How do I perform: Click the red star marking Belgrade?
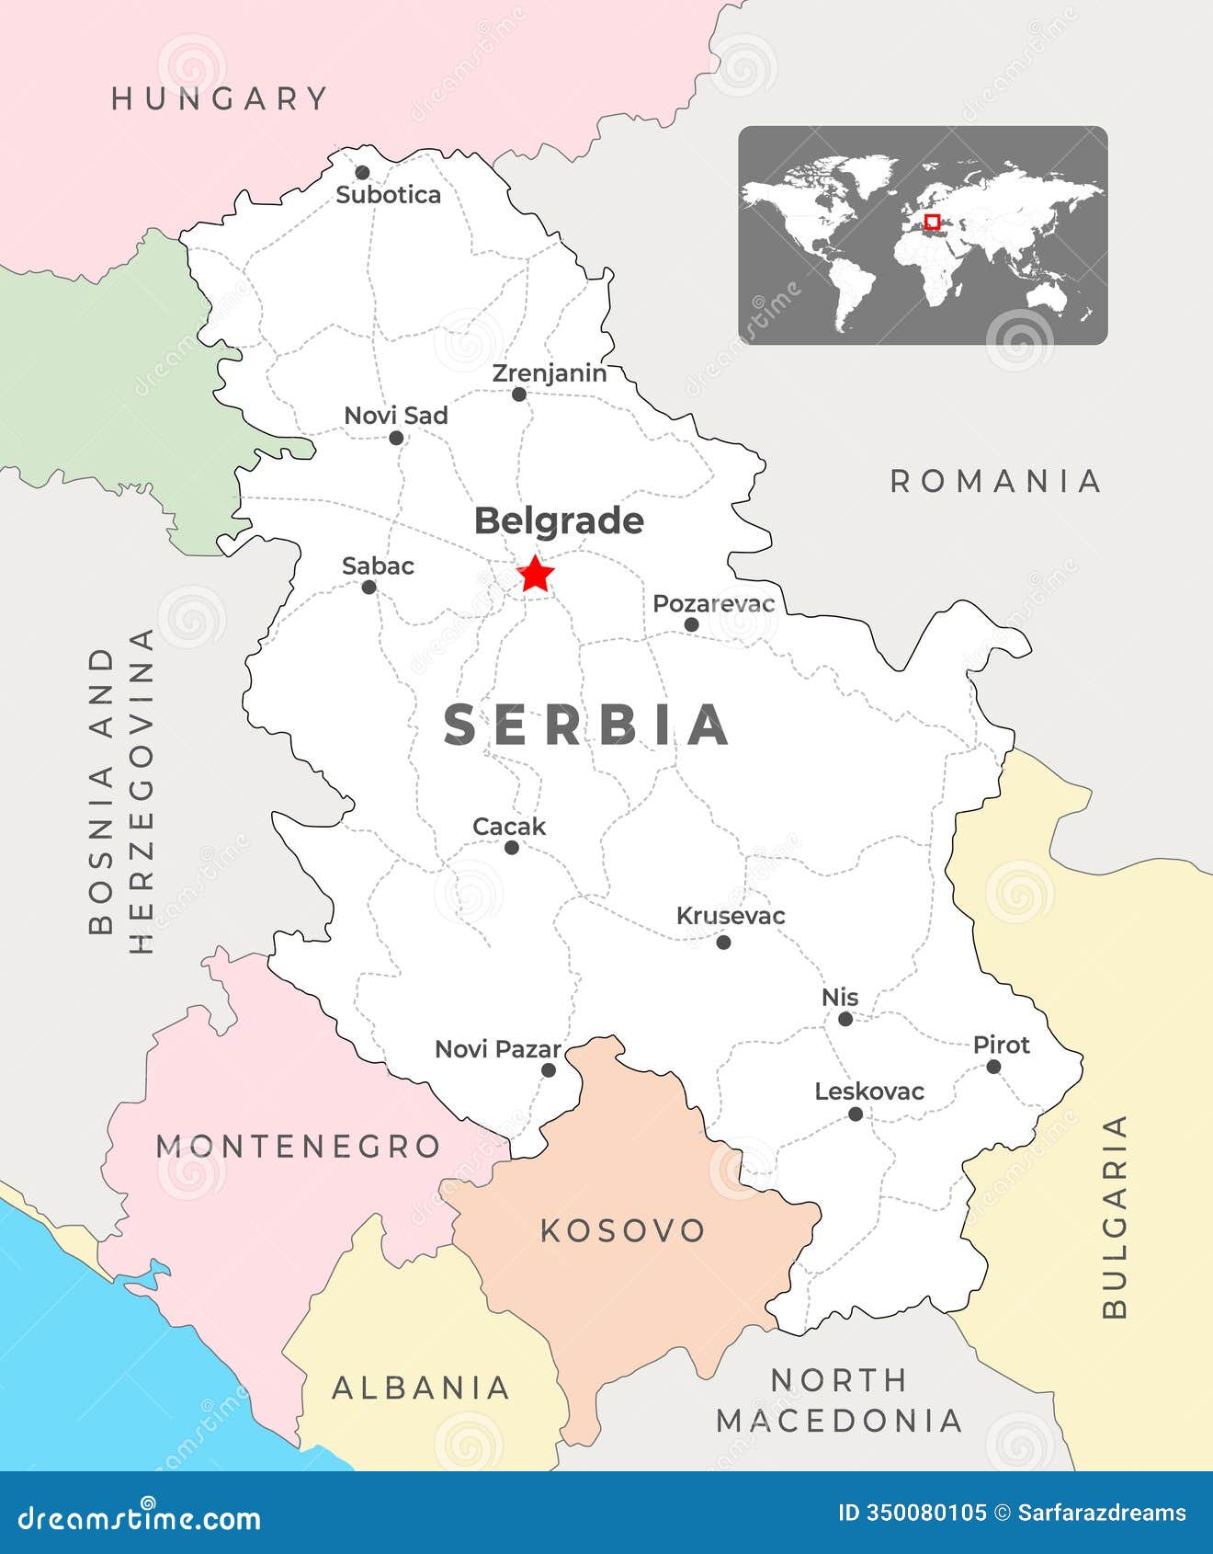[536, 575]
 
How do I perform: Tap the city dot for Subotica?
[362, 173]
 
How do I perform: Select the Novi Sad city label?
[396, 416]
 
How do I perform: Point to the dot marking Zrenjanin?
[519, 394]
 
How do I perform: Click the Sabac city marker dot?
[368, 588]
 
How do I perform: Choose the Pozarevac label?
[713, 604]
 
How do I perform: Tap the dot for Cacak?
[512, 848]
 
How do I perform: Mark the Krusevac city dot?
[723, 942]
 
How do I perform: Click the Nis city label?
[840, 998]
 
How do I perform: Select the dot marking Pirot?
[993, 1067]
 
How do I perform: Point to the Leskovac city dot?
[856, 1114]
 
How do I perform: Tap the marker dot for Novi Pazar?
[549, 1070]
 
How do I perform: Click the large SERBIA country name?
[587, 726]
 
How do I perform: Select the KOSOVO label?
[622, 1230]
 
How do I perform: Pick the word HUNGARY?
[220, 98]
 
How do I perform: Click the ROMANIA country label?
[996, 481]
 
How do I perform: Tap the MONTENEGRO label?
[299, 1147]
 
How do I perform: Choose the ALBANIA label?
[421, 1388]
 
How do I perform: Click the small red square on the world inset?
[932, 222]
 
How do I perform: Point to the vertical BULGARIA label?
[1114, 1217]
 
